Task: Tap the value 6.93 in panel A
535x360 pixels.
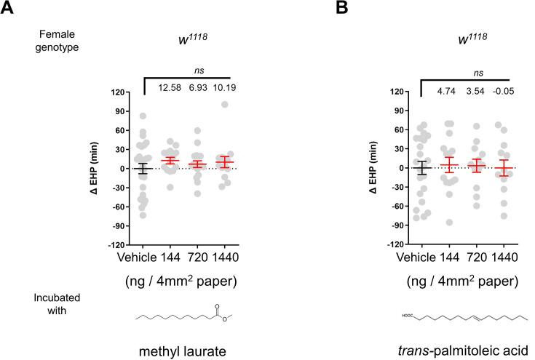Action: [198, 88]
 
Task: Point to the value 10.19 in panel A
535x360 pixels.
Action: [226, 88]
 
